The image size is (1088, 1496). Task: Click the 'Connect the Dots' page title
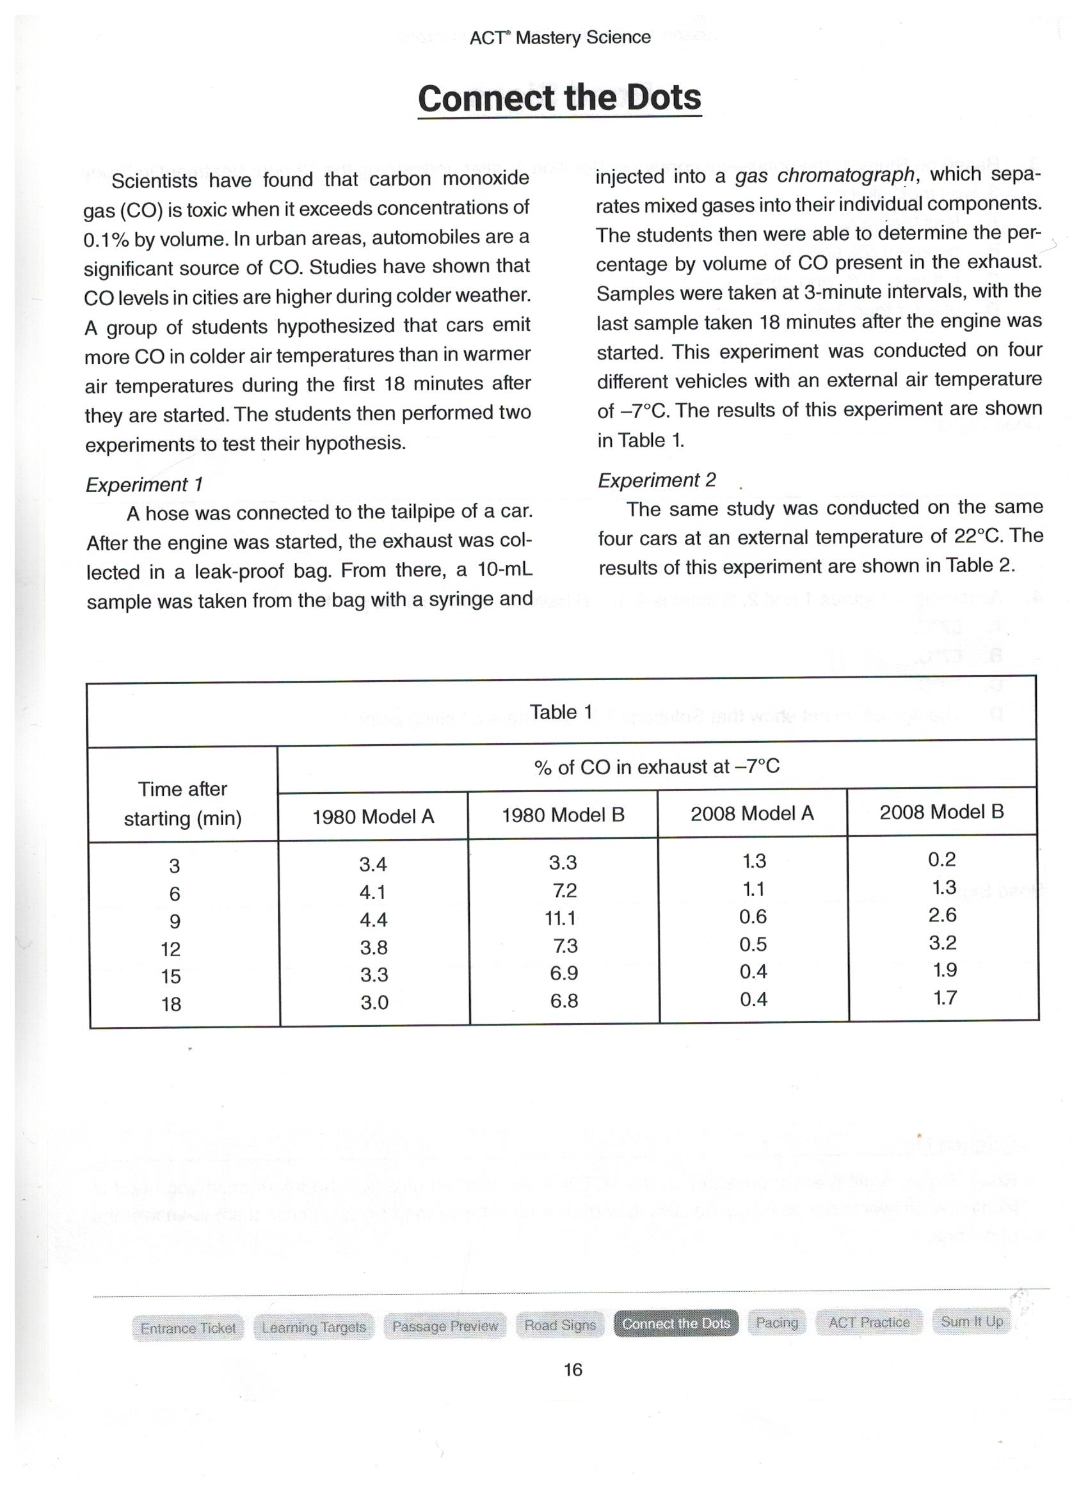point(559,99)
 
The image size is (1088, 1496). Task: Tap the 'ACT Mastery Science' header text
point(559,38)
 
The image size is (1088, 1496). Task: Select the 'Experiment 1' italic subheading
point(144,485)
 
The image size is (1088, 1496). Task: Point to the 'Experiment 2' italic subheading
point(657,480)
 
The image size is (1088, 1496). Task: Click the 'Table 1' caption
point(561,712)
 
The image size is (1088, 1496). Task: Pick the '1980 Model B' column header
point(563,815)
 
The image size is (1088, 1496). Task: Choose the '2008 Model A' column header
point(752,814)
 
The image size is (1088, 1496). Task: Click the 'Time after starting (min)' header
point(183,804)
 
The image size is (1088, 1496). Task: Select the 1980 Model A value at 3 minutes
point(372,864)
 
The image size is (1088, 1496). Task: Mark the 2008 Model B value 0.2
point(941,859)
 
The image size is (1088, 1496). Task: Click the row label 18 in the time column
point(171,1004)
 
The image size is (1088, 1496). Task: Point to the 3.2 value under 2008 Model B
point(942,943)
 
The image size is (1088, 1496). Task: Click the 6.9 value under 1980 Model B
point(564,974)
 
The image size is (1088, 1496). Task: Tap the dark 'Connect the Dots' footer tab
point(676,1323)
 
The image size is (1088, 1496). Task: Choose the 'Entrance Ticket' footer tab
point(188,1328)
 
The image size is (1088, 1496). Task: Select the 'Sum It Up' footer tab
point(972,1321)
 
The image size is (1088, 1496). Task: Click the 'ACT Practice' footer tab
point(868,1322)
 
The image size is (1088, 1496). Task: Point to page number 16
point(573,1370)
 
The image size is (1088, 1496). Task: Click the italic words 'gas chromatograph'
point(825,175)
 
